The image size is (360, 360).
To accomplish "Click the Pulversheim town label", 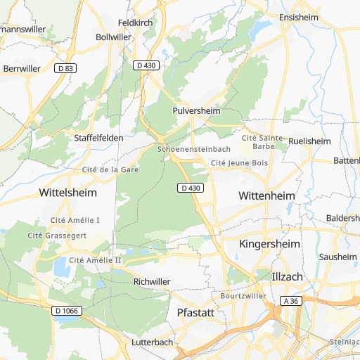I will pyautogui.click(x=196, y=111).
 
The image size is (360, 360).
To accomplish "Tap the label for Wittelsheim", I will pyautogui.click(x=68, y=192).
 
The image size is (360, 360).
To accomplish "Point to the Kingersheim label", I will pyautogui.click(x=270, y=243).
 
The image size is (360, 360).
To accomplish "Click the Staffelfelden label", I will pyautogui.click(x=98, y=139).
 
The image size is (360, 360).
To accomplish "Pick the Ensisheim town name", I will pyautogui.click(x=299, y=17).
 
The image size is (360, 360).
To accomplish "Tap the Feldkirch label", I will pyautogui.click(x=136, y=22).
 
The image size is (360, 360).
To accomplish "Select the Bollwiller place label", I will pyautogui.click(x=113, y=37).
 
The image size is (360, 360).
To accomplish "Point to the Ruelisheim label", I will pyautogui.click(x=309, y=141).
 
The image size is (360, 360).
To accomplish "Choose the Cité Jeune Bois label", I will pyautogui.click(x=240, y=163).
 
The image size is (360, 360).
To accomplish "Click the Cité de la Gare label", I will pyautogui.click(x=110, y=169).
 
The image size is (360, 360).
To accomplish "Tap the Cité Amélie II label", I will pyautogui.click(x=96, y=260).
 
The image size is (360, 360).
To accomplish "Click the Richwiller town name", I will pyautogui.click(x=152, y=281).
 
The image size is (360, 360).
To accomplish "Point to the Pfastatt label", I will pyautogui.click(x=195, y=311).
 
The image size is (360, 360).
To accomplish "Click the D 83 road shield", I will pyautogui.click(x=65, y=68).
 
